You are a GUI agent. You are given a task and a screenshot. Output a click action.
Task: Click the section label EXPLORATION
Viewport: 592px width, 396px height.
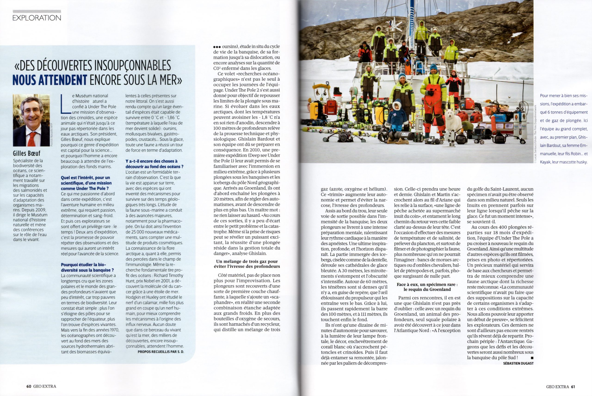[37, 18]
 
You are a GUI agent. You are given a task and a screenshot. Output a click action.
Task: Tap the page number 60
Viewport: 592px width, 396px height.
[29, 386]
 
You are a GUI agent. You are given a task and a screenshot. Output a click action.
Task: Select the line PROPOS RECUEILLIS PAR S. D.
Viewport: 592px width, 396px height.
[161, 352]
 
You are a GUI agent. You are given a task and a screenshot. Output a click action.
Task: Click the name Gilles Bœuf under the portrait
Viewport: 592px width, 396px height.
[26, 153]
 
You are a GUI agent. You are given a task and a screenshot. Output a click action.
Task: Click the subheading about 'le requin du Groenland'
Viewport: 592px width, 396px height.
[427, 287]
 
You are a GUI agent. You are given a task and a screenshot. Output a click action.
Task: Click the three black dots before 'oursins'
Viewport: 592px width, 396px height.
[217, 47]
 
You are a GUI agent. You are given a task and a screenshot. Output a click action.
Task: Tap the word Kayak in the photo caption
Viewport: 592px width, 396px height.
[545, 162]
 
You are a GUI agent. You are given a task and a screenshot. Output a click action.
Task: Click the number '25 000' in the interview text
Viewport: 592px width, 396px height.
[137, 232]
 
